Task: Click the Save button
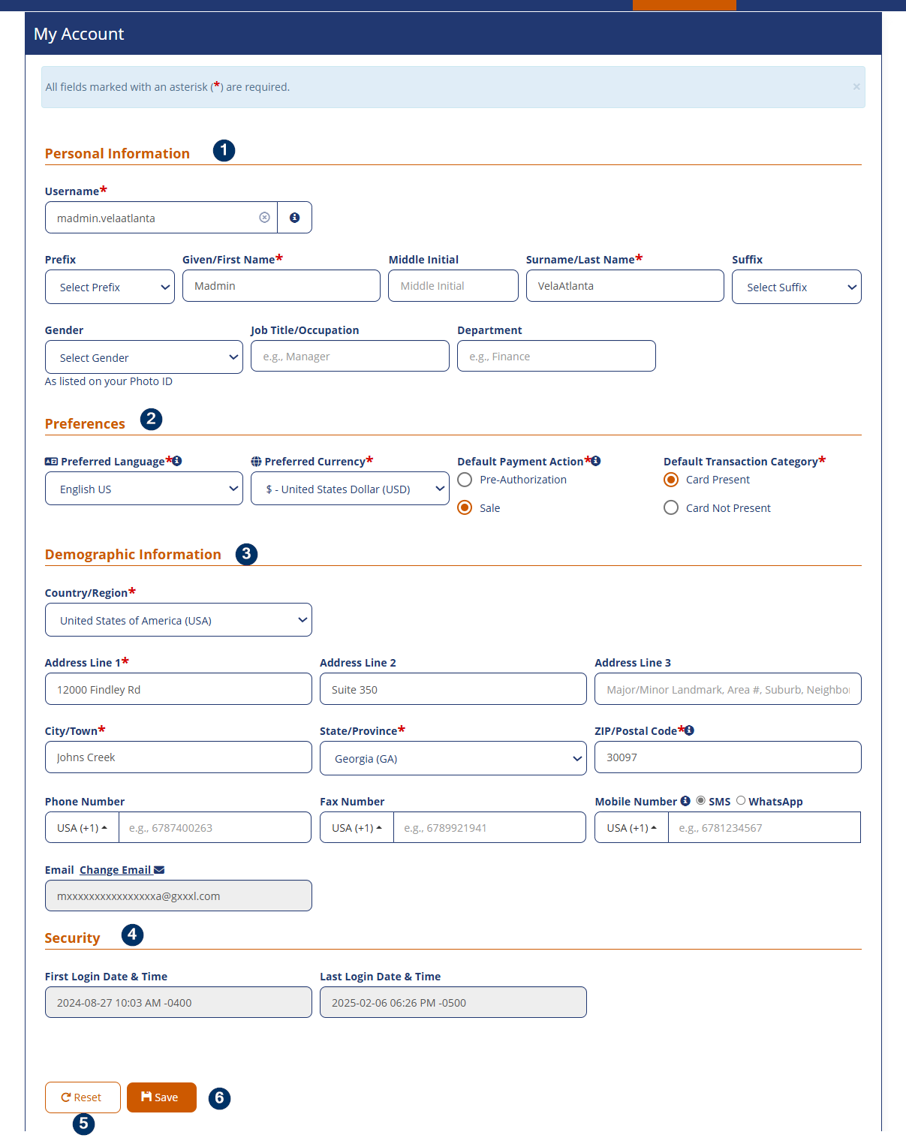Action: [x=161, y=1097]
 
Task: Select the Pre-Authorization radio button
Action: [x=465, y=480]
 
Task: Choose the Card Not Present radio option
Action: [x=671, y=508]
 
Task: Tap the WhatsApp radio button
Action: [x=741, y=800]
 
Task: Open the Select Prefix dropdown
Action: [x=110, y=288]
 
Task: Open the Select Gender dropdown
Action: [x=143, y=357]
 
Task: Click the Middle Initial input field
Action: [x=453, y=286]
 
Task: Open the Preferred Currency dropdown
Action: [x=350, y=489]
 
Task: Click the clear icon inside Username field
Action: [x=264, y=218]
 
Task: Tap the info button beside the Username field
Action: [x=295, y=218]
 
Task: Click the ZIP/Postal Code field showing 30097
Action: [x=727, y=757]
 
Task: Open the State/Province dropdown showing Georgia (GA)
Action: [x=453, y=758]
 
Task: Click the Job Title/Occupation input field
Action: [x=350, y=357]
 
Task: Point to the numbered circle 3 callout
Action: [x=246, y=554]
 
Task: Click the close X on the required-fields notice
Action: [x=856, y=87]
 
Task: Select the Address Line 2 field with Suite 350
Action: [x=453, y=689]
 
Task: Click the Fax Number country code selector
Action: [x=357, y=828]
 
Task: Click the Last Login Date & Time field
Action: [x=453, y=1003]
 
